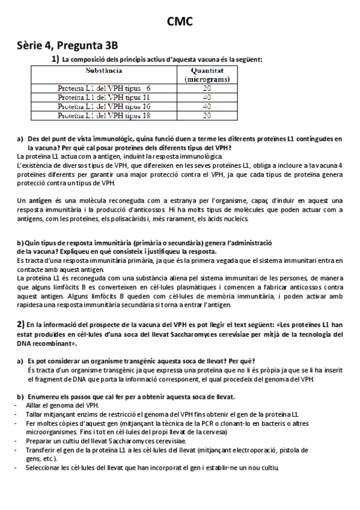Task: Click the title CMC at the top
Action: [x=180, y=22]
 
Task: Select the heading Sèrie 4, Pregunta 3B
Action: [x=67, y=45]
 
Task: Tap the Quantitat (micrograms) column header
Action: [x=207, y=75]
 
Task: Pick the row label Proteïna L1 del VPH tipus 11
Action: [x=103, y=97]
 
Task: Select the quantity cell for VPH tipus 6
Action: [x=207, y=88]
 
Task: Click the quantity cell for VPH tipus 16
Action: [x=207, y=106]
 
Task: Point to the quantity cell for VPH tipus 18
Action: [x=207, y=115]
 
